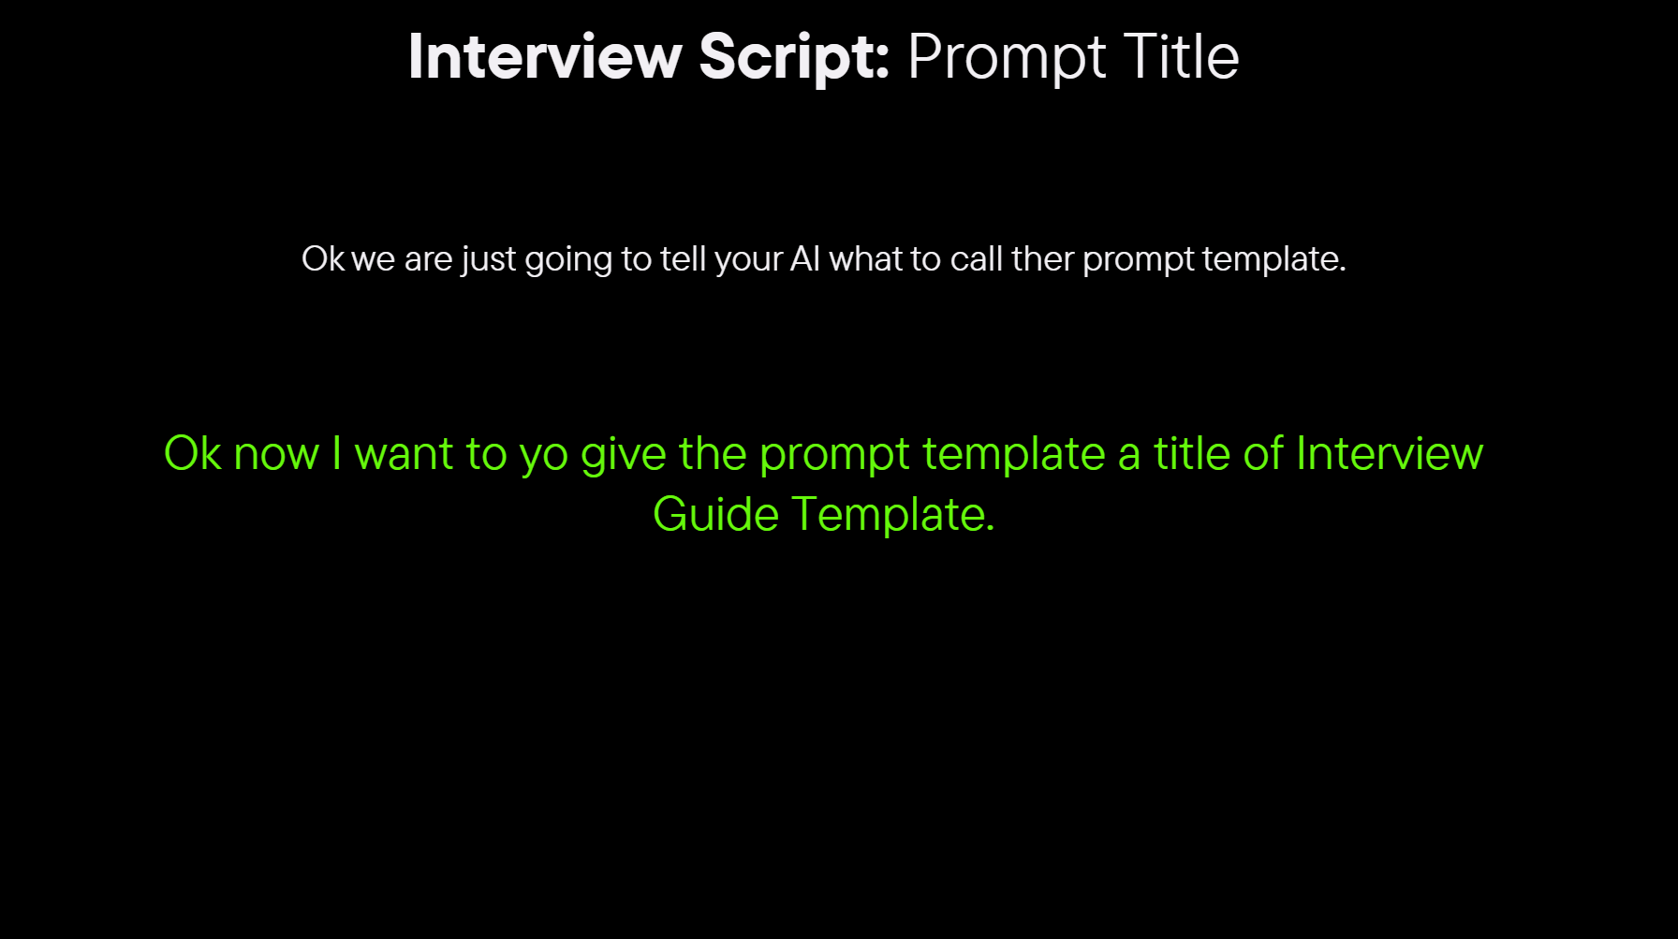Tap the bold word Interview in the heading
[x=545, y=57]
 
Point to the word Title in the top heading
[x=1181, y=57]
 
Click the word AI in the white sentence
[x=805, y=258]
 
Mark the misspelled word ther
[x=1042, y=258]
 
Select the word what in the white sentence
[x=866, y=258]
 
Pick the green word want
[x=405, y=455]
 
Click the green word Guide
[x=716, y=514]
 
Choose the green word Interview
[x=1390, y=453]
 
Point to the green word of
[x=1263, y=453]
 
